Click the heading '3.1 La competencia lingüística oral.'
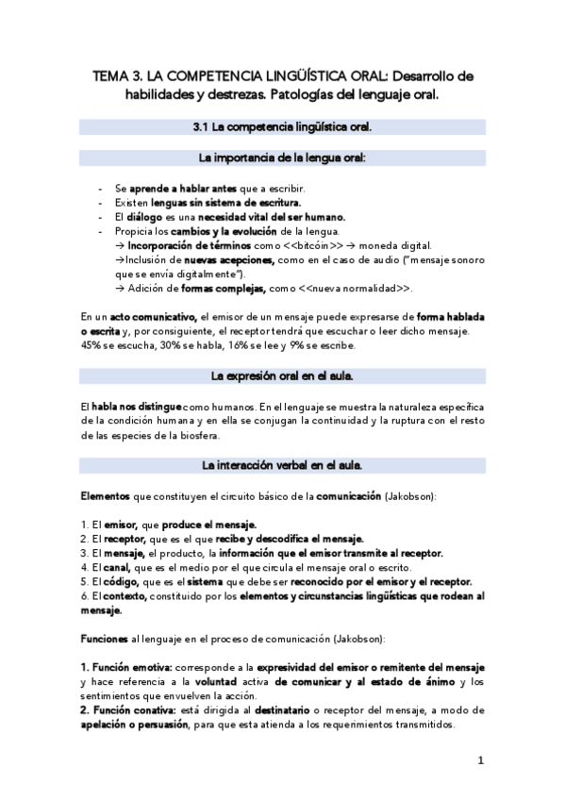tap(282, 125)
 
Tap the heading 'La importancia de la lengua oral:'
tap(282, 158)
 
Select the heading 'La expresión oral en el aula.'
tap(282, 375)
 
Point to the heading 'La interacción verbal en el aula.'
tap(282, 465)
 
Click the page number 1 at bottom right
tap(480, 759)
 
